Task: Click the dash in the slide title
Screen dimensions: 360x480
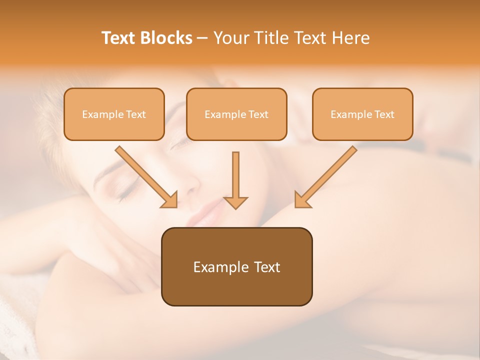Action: point(202,38)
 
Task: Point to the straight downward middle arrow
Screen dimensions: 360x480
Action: point(235,175)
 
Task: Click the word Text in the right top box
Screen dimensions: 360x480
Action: point(384,114)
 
